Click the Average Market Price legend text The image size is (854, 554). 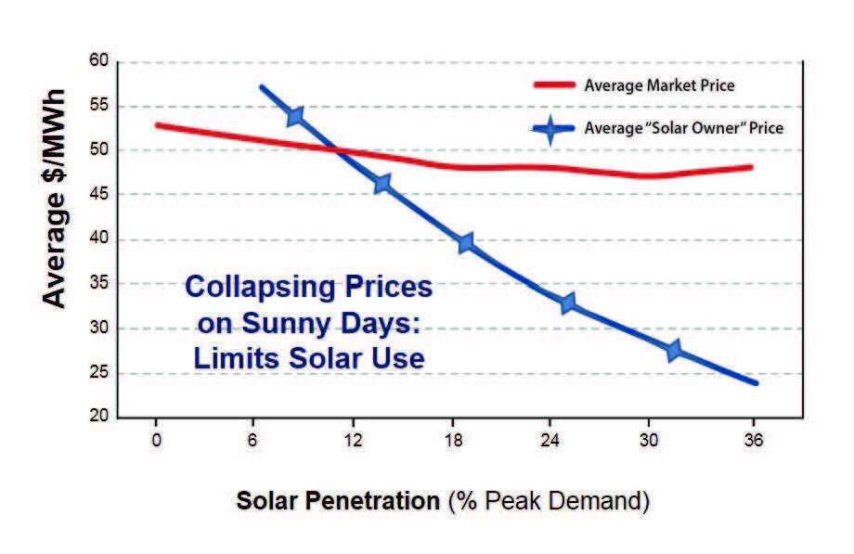[x=659, y=85]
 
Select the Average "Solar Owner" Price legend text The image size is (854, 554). [x=683, y=128]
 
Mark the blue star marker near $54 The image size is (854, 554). [x=295, y=116]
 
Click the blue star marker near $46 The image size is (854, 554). [x=382, y=184]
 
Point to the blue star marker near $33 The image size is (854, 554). [x=568, y=303]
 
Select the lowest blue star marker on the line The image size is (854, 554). [x=674, y=350]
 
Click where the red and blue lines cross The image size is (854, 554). [x=340, y=148]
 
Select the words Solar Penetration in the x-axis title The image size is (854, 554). [x=338, y=500]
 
